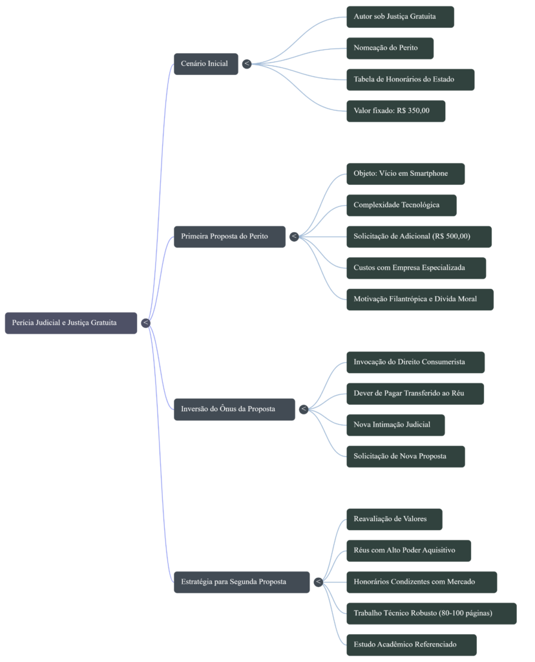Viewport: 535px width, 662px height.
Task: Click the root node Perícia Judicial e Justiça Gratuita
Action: click(x=71, y=323)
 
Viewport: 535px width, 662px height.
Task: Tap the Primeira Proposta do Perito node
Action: click(x=229, y=237)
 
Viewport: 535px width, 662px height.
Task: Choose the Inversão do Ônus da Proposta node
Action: click(x=234, y=409)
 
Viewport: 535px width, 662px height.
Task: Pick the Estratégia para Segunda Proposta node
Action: click(x=241, y=582)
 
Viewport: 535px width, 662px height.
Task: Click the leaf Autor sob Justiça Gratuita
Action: click(x=400, y=17)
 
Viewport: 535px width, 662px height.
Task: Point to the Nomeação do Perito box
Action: click(x=390, y=48)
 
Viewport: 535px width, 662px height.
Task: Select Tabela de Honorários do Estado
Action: click(x=410, y=80)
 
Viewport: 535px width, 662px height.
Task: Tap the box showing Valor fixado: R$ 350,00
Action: click(x=395, y=111)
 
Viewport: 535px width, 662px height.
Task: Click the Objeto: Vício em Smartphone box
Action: click(x=405, y=174)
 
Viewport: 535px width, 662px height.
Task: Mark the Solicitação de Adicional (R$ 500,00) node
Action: click(x=419, y=237)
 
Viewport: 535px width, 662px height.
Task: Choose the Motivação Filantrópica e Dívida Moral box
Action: click(x=420, y=299)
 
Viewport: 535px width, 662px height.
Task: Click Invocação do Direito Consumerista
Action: click(x=415, y=362)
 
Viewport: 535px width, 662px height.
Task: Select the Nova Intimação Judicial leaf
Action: click(x=395, y=425)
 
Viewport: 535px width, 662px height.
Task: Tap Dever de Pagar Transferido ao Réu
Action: click(x=415, y=394)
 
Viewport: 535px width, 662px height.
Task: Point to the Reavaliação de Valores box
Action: click(x=394, y=519)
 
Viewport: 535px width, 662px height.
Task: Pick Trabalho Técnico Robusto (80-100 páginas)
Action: click(x=431, y=614)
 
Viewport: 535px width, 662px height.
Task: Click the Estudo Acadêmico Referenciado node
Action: click(x=411, y=645)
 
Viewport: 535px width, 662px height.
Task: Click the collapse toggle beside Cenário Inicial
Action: click(x=247, y=63)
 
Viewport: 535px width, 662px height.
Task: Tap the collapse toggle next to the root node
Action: click(x=145, y=323)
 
